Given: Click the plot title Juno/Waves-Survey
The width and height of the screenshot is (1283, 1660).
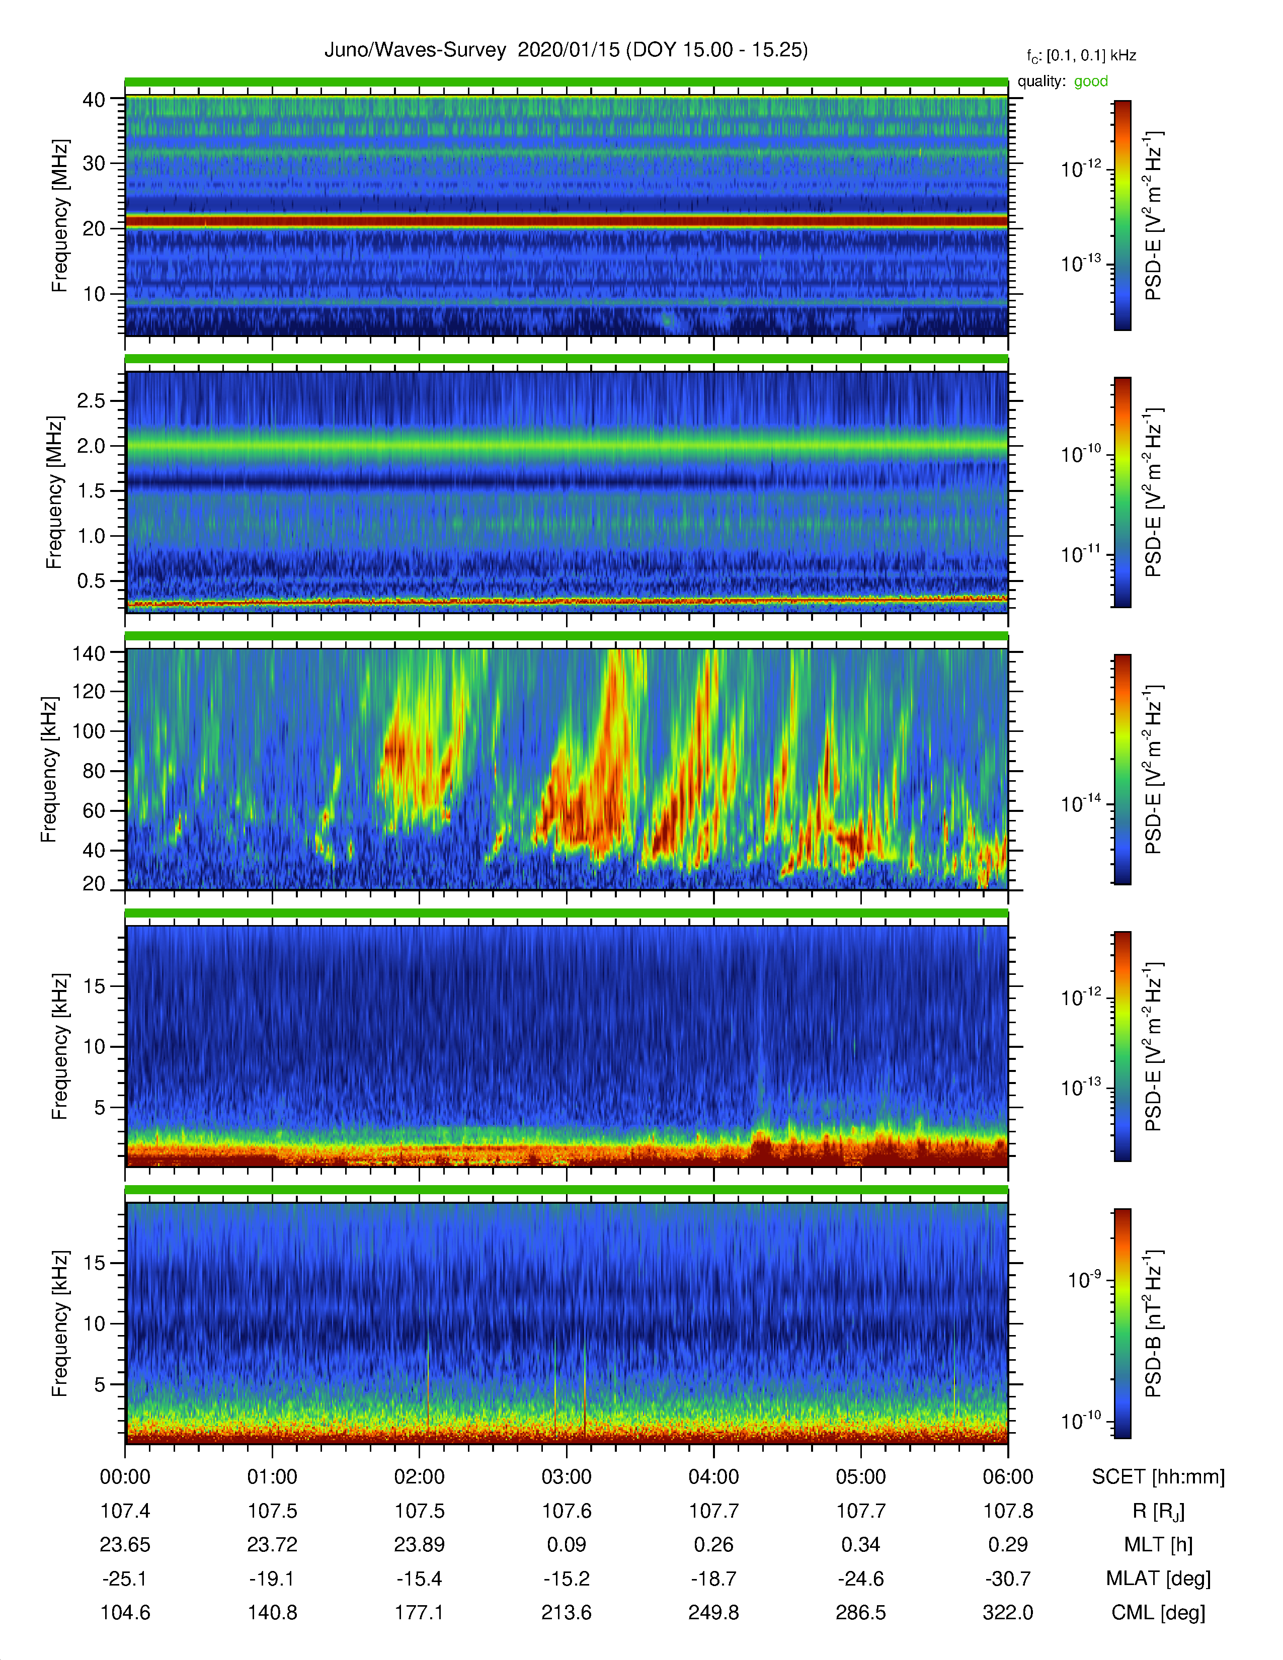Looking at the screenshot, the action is tap(415, 50).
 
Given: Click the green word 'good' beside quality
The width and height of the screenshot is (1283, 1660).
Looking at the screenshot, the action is tap(1091, 81).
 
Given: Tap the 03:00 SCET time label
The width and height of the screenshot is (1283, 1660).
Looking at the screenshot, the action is tap(566, 1477).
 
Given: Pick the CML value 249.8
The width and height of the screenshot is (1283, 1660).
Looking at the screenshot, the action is tap(714, 1612).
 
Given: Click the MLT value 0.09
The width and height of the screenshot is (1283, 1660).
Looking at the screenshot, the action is tap(566, 1544).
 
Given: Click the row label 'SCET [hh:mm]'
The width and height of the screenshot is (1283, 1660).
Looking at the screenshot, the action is tap(1158, 1477).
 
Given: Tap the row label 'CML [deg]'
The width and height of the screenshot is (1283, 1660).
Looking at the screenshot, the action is tap(1158, 1612).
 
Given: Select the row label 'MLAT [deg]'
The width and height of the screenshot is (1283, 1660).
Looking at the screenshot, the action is tap(1158, 1579).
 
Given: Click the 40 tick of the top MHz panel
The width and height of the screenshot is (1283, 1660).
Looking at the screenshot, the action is tap(94, 100).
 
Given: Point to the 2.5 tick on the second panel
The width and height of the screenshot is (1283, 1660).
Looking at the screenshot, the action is tap(91, 400).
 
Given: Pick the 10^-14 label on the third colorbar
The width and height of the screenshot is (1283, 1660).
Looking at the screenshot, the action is tap(1081, 803).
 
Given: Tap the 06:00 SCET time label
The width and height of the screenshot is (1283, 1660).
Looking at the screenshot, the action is tap(1008, 1477).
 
